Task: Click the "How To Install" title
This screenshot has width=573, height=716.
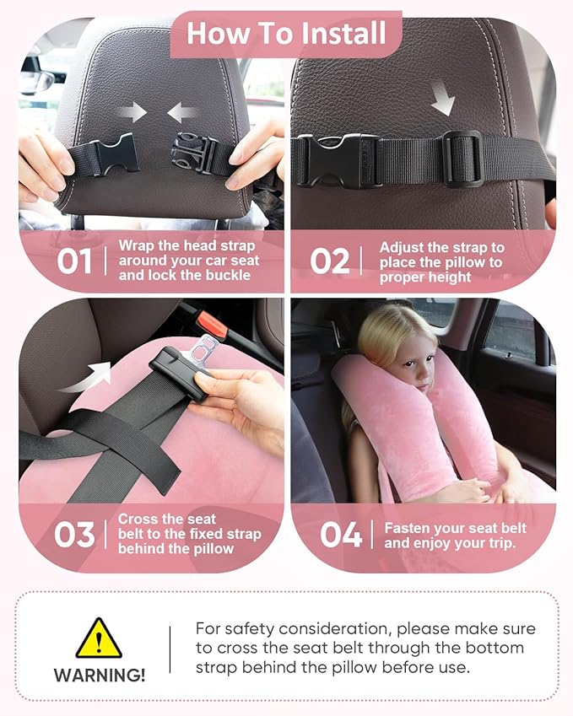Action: coord(286,33)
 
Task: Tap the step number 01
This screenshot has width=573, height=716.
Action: coord(74,261)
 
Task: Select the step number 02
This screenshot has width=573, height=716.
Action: coord(329,261)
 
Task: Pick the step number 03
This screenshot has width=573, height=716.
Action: coord(74,535)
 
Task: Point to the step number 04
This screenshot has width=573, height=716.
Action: coord(341,535)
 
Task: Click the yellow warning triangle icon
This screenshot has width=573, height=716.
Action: coord(99,639)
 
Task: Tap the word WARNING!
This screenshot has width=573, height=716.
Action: coord(100,675)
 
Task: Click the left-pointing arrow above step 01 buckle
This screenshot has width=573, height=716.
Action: coord(182,111)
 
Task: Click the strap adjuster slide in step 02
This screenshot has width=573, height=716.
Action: coord(462,159)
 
